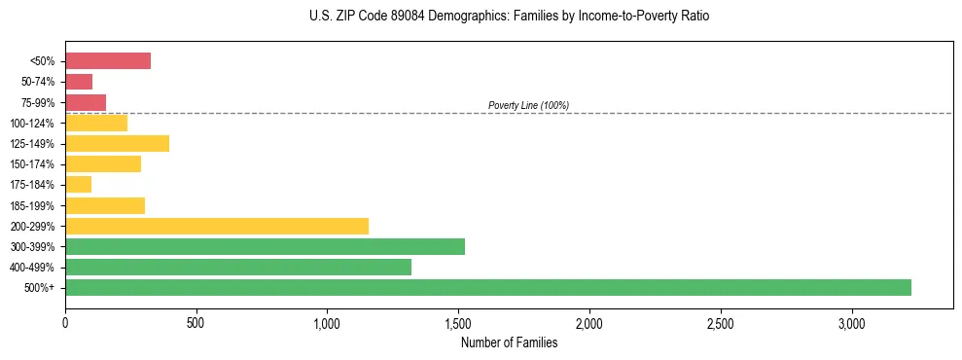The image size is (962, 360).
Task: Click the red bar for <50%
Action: [108, 61]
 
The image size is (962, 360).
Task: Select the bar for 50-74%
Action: [79, 82]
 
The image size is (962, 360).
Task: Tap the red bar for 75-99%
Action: [86, 102]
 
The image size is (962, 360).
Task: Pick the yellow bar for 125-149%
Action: [117, 144]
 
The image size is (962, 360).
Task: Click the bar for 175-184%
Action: [78, 185]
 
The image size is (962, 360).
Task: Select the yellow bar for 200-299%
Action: [217, 226]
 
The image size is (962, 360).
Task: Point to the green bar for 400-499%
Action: [238, 267]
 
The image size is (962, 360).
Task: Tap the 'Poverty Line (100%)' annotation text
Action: [528, 105]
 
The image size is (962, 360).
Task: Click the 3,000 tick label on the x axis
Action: [851, 322]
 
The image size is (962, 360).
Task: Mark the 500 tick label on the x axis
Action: [196, 322]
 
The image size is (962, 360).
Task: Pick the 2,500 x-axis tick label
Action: [720, 322]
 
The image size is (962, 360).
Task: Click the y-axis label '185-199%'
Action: [37, 205]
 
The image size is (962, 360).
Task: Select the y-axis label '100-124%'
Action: [37, 124]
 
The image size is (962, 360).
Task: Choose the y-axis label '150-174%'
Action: [37, 164]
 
